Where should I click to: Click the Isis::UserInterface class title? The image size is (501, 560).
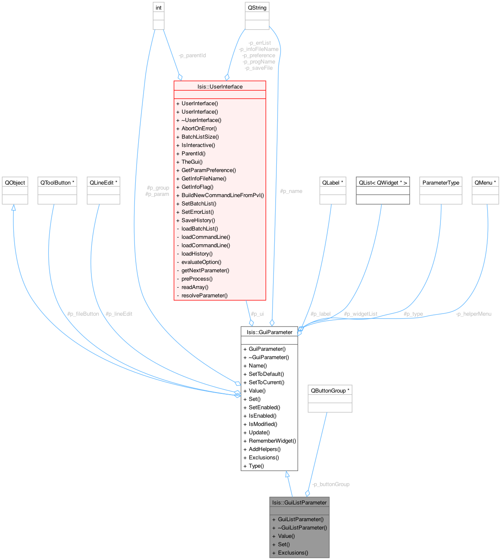point(220,86)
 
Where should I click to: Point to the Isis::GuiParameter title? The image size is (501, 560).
point(269,332)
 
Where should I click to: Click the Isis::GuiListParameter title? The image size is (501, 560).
point(299,503)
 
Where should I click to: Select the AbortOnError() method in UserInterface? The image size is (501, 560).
point(199,129)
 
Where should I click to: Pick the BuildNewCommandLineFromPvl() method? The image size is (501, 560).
point(223,195)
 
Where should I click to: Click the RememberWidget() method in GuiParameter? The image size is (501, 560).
point(272,441)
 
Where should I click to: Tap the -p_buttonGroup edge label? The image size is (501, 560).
point(331,484)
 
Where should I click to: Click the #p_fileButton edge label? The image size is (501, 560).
point(83,314)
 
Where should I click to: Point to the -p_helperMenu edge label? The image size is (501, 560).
point(473,314)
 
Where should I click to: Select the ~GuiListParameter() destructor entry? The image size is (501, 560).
point(302,528)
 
